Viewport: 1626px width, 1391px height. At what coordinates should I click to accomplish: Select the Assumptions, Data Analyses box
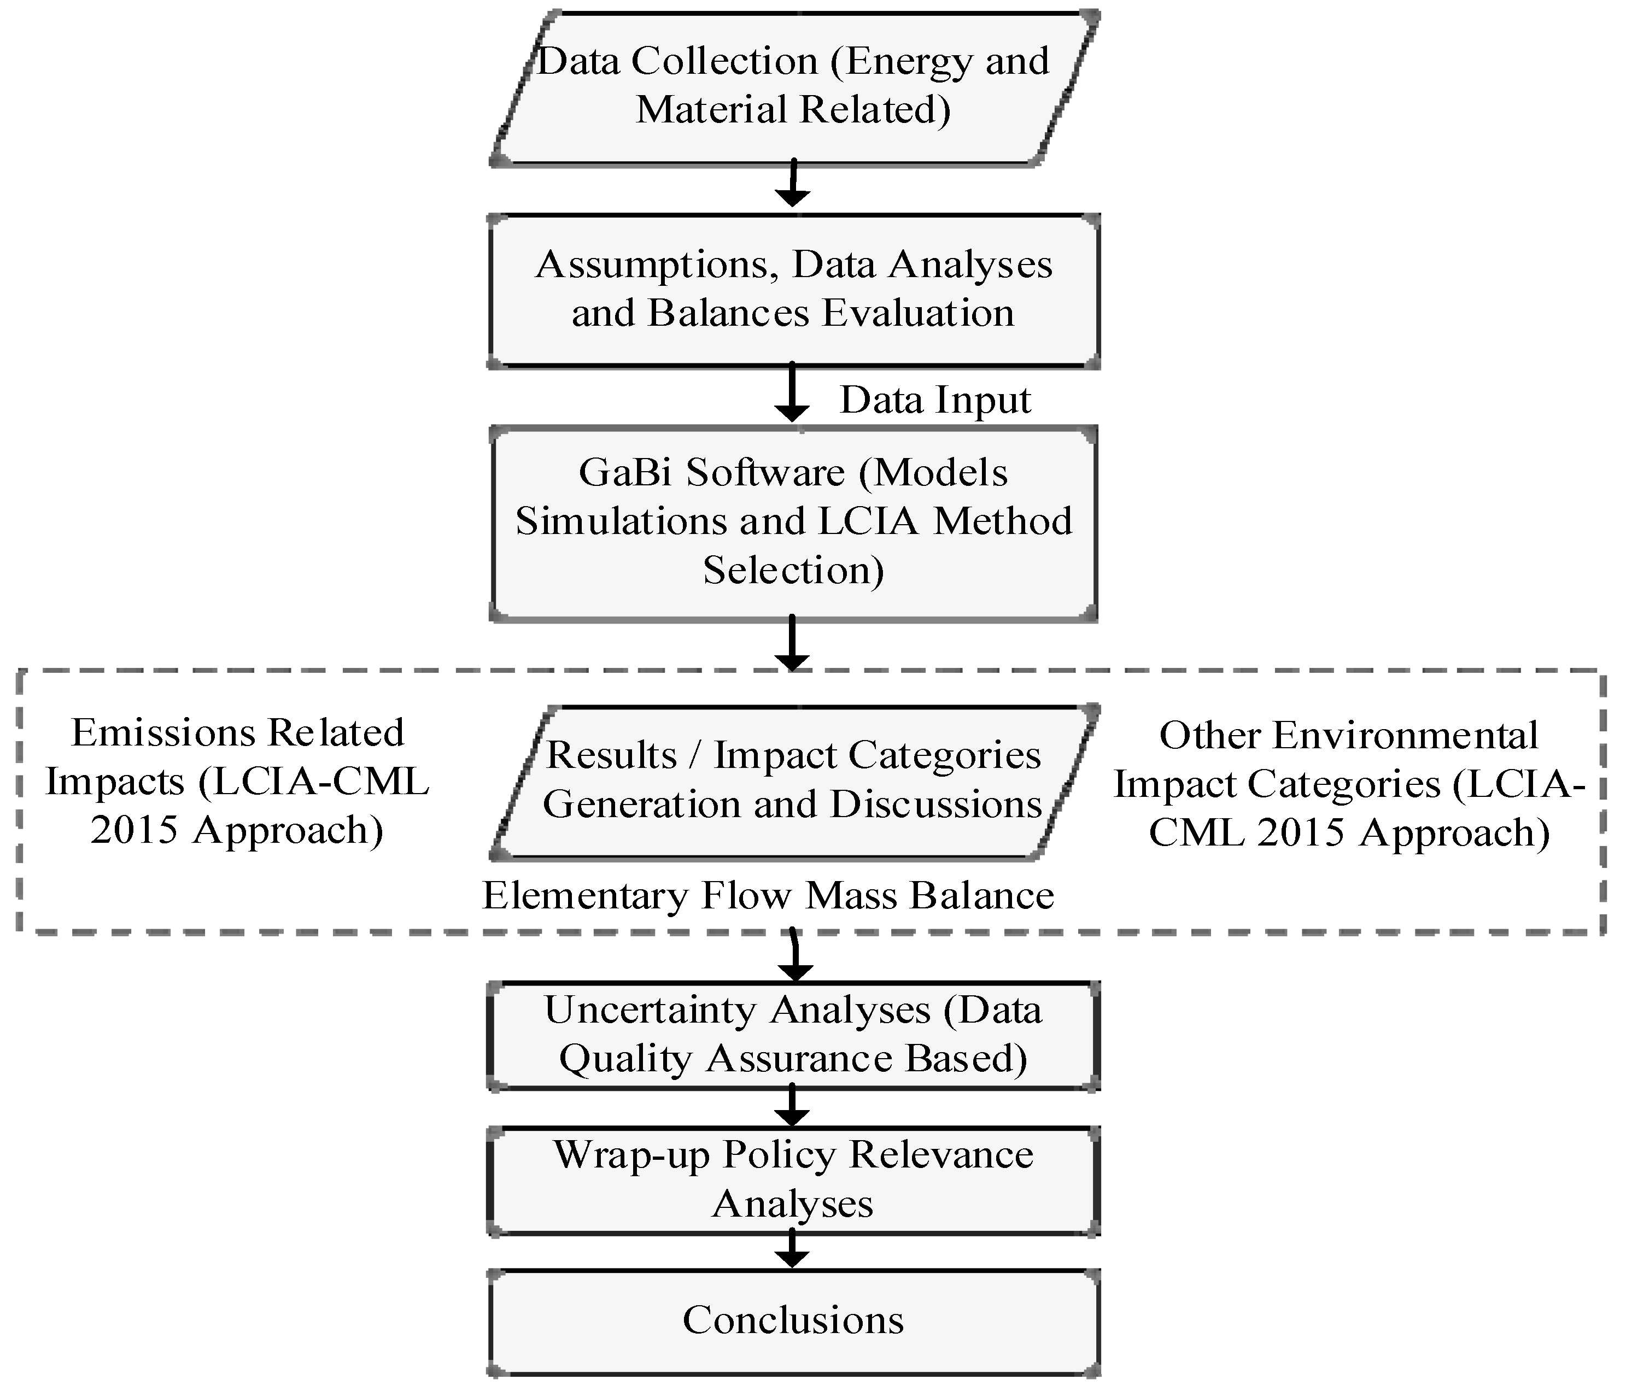(x=793, y=289)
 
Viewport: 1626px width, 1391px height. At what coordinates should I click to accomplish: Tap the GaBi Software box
(x=793, y=523)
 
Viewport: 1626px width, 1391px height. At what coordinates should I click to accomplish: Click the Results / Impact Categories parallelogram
(x=793, y=780)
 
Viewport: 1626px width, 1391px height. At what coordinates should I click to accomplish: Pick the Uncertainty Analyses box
(x=793, y=1034)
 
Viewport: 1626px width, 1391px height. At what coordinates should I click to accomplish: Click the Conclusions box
(x=793, y=1319)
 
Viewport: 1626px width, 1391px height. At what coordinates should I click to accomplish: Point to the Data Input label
(x=934, y=400)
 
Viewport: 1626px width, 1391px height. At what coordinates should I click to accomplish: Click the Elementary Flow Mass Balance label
(x=768, y=895)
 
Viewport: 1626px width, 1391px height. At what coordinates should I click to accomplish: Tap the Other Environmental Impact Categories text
(x=1348, y=784)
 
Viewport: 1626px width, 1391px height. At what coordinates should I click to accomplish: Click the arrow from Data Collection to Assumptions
(x=793, y=184)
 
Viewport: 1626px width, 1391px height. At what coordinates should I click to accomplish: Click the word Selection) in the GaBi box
(x=793, y=571)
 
